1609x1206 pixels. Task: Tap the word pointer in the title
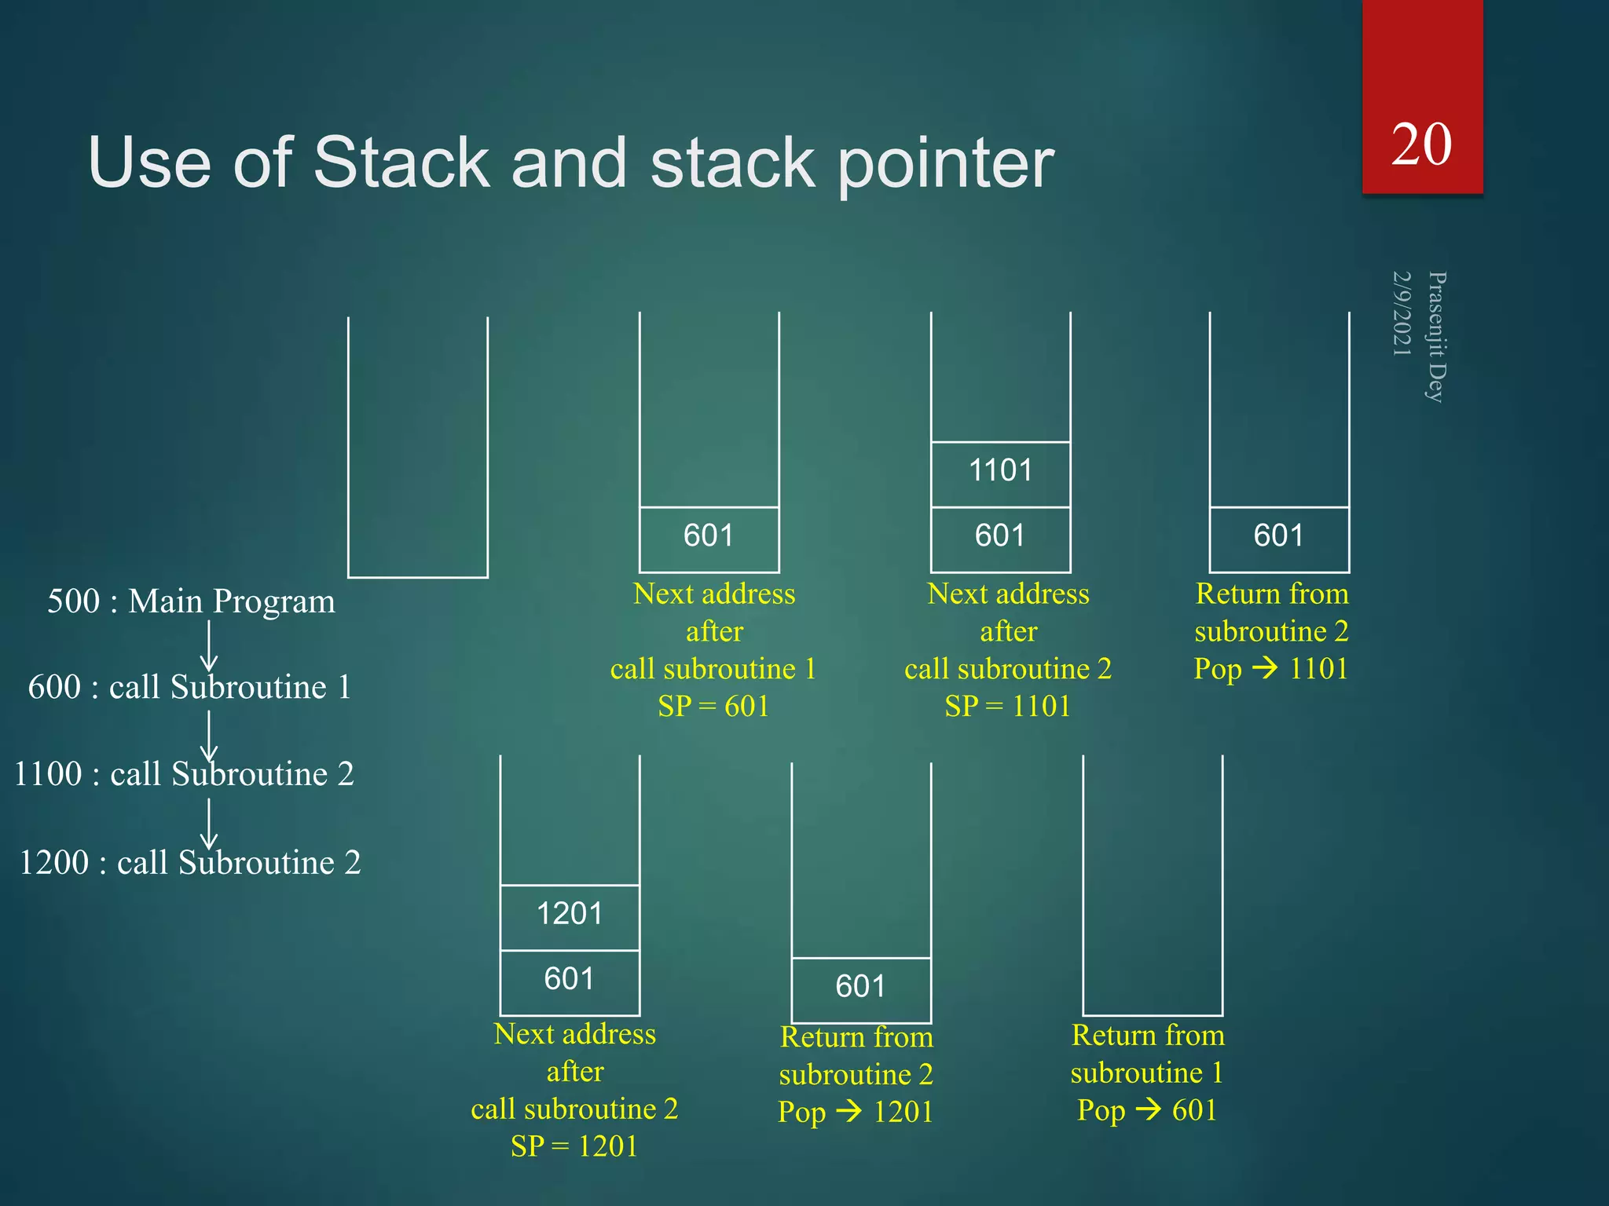point(946,163)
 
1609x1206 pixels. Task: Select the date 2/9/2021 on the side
point(1402,313)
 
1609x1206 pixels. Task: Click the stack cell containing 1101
point(1000,471)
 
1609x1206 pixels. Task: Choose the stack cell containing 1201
point(570,915)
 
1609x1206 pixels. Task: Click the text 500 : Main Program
point(191,601)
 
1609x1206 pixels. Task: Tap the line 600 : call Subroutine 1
point(189,687)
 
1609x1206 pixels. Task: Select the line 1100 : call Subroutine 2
point(185,774)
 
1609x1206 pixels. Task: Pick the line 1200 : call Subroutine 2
point(189,863)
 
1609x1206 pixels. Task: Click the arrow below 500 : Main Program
point(209,645)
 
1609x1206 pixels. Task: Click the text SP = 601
point(713,707)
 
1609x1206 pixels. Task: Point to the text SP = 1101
point(1007,707)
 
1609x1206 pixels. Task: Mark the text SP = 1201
point(574,1146)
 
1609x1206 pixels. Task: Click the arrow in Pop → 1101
point(1265,669)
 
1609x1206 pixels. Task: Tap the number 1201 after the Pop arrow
point(903,1113)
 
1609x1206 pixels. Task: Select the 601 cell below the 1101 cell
point(1000,536)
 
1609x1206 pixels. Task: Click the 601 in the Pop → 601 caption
point(1194,1110)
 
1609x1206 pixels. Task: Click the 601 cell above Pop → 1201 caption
point(860,987)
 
